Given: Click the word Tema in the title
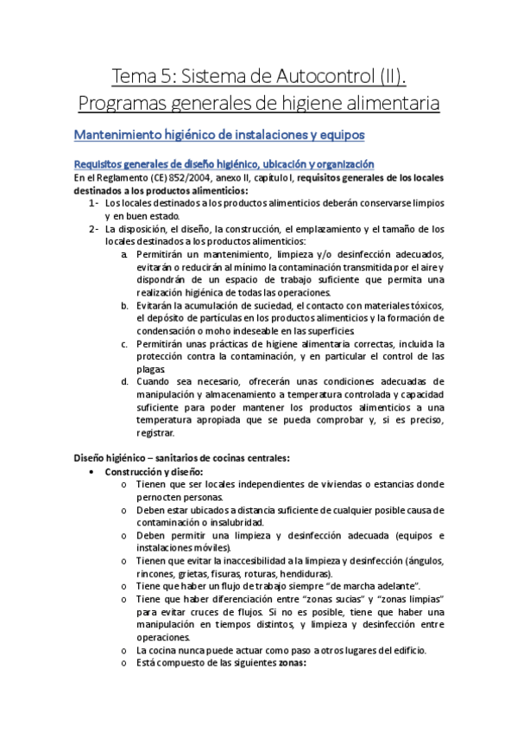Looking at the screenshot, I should pos(136,75).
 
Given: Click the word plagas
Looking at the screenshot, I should pos(149,369).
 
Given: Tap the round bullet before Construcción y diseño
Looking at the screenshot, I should pos(93,472).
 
